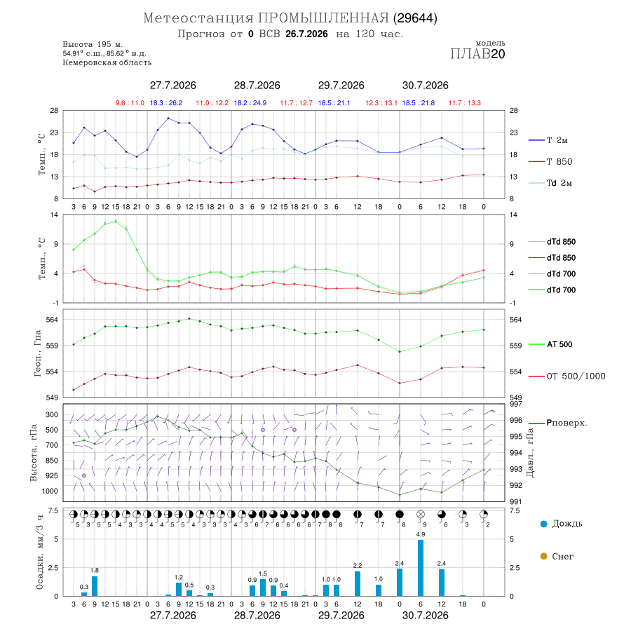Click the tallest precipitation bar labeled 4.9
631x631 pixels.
421,568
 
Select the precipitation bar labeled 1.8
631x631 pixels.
95,586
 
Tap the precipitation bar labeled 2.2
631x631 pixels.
358,583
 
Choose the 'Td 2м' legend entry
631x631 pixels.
550,183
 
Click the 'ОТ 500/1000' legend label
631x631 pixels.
566,376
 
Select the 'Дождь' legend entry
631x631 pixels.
562,524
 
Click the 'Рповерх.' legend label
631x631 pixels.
558,423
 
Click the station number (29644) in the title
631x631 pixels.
415,18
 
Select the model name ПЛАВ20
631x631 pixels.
477,53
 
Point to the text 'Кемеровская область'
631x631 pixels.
107,62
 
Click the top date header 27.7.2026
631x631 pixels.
173,86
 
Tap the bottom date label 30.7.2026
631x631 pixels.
426,616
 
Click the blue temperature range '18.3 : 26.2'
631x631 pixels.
166,103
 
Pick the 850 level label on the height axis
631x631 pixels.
52,461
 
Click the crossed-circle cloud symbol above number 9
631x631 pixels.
421,515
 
